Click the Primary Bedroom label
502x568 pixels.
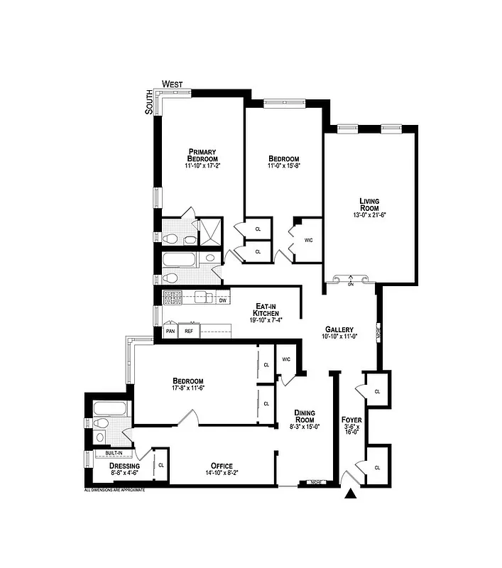pyautogui.click(x=202, y=154)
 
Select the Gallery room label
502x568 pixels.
pyautogui.click(x=339, y=329)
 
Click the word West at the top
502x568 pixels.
pyautogui.click(x=173, y=84)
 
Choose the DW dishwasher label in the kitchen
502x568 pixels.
pyautogui.click(x=222, y=300)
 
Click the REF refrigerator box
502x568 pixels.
pyautogui.click(x=190, y=331)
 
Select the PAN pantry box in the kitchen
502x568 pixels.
pyautogui.click(x=170, y=331)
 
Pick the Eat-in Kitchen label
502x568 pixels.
pyautogui.click(x=267, y=310)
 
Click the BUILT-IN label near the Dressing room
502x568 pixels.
pyautogui.click(x=114, y=452)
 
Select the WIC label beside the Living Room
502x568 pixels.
pyautogui.click(x=308, y=240)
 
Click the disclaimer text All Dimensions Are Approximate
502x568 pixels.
pyautogui.click(x=115, y=491)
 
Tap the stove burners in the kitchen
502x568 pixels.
pyautogui.click(x=173, y=297)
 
